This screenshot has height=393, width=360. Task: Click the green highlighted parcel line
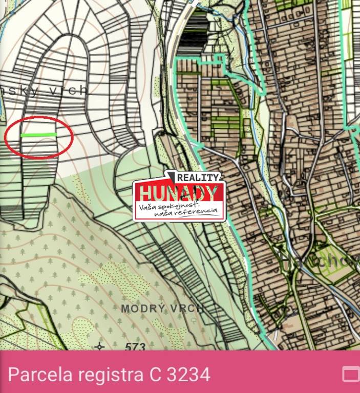coord(39,135)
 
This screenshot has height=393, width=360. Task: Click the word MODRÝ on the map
coord(144,309)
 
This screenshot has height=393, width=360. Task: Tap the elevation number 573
coord(135,347)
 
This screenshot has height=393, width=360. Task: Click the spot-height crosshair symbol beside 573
coord(100,347)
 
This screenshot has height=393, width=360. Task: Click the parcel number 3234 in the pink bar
coord(188,375)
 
